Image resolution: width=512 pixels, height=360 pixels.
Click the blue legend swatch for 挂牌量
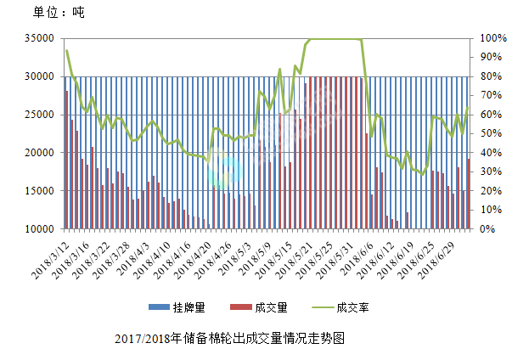tap(156, 307)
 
